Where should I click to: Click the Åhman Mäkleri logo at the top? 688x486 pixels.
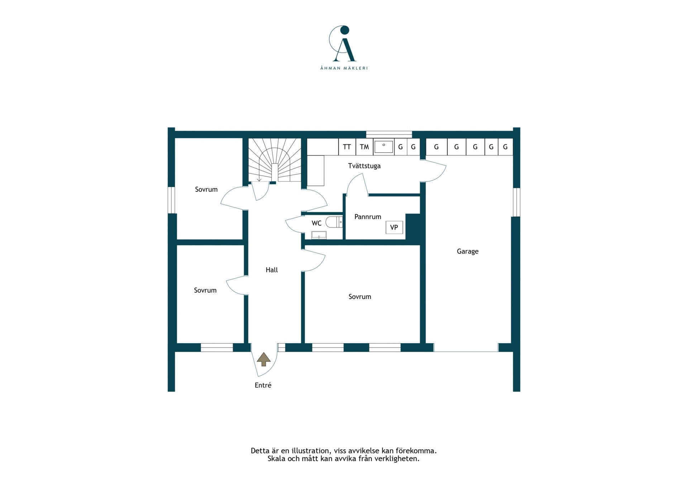[344, 47]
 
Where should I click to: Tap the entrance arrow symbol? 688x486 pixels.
[264, 359]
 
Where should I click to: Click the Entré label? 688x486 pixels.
[263, 385]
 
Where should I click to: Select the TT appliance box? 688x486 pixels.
[347, 147]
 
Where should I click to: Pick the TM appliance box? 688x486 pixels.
[364, 147]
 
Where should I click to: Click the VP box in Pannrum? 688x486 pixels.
[394, 227]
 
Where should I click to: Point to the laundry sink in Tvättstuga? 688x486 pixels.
[384, 146]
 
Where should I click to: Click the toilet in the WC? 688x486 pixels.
[334, 222]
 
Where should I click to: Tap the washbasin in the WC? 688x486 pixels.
[319, 235]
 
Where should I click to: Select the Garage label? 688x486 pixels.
[468, 251]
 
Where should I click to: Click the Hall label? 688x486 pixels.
[272, 270]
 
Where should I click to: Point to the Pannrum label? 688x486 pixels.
[368, 217]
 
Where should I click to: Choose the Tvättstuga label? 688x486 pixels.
[364, 166]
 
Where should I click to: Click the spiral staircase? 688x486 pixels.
[274, 160]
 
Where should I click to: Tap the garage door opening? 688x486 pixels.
[466, 347]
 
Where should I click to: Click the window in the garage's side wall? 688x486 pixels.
[516, 202]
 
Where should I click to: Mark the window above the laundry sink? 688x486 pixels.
[389, 134]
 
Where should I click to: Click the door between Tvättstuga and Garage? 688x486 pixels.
[434, 171]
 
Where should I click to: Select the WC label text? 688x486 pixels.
[316, 223]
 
